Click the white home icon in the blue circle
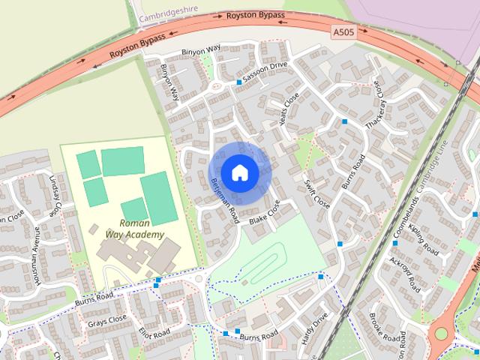click(239, 172)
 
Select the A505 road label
click(343, 31)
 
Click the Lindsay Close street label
click(53, 197)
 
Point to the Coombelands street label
click(406, 214)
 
